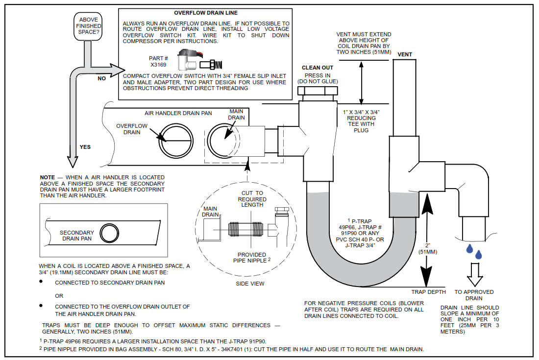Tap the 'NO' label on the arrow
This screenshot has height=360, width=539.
[101, 78]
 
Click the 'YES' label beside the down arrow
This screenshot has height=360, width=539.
[85, 146]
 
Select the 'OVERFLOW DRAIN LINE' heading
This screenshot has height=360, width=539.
[206, 13]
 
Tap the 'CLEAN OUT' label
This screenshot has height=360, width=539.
[318, 68]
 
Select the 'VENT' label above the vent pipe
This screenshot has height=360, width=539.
[405, 54]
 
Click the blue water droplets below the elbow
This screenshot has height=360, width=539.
[474, 252]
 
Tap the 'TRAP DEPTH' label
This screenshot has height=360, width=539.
[429, 292]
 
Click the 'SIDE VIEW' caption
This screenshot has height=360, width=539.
[250, 283]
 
